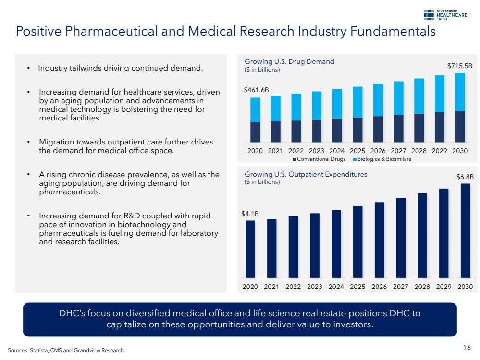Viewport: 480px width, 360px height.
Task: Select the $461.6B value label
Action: [256, 90]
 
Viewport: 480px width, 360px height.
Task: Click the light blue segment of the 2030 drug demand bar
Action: [460, 92]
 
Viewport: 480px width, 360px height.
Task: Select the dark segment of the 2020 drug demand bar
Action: [255, 132]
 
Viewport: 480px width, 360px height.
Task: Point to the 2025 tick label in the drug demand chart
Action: [357, 151]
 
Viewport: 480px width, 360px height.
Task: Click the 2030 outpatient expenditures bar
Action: [465, 230]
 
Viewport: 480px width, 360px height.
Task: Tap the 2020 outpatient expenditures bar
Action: [250, 249]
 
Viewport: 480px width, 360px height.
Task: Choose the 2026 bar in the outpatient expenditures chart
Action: [379, 240]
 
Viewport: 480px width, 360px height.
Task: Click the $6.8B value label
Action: [465, 177]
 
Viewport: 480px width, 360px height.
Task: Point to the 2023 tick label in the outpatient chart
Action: [314, 287]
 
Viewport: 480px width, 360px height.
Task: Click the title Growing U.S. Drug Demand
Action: [289, 61]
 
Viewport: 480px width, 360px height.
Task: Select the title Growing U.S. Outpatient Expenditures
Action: [306, 174]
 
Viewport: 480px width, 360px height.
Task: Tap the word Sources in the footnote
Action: [17, 350]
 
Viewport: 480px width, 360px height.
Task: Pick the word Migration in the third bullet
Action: [57, 143]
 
